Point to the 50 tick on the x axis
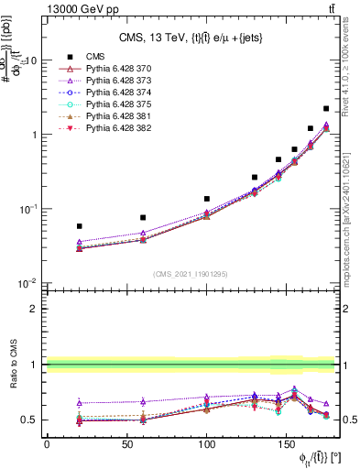coord(126,444)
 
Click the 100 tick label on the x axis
coord(207,444)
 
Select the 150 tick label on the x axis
coord(288,444)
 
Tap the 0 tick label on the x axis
coord(47,444)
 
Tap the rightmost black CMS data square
coord(327,108)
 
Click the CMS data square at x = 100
coord(207,199)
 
